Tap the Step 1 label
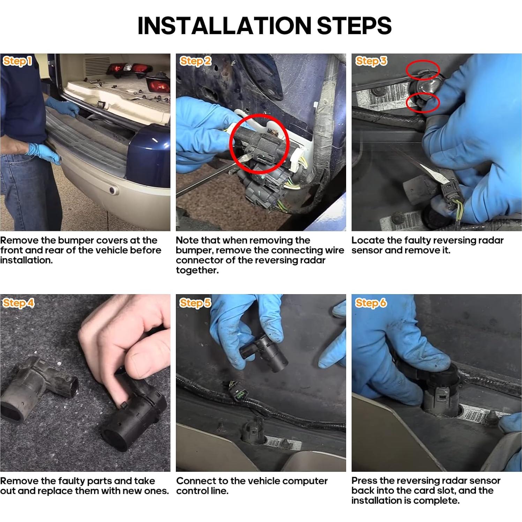pyautogui.click(x=17, y=61)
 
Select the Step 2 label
pyautogui.click(x=195, y=61)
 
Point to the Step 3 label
pyautogui.click(x=371, y=61)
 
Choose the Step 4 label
pyautogui.click(x=18, y=303)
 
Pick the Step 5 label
pyautogui.click(x=195, y=303)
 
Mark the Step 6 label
pyautogui.click(x=371, y=303)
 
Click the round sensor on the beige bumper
pyautogui.click(x=113, y=190)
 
